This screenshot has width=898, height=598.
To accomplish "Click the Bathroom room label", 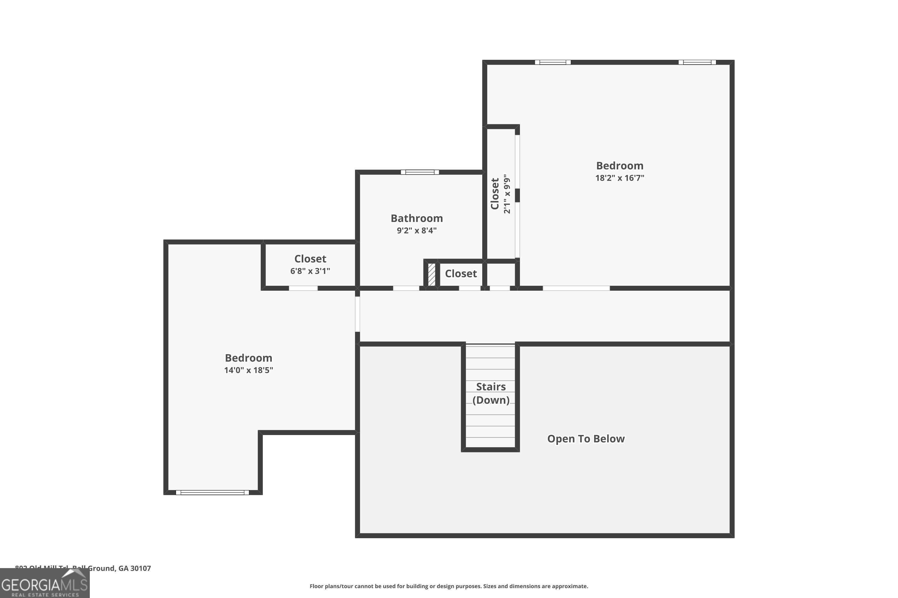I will [417, 218].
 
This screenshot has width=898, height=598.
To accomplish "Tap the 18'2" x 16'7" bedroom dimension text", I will [619, 178].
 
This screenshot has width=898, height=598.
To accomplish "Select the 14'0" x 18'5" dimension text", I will [248, 370].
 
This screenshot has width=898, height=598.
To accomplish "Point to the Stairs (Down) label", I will [491, 393].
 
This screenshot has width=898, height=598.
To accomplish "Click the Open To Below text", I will [586, 439].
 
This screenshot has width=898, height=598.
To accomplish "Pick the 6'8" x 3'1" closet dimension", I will [310, 271].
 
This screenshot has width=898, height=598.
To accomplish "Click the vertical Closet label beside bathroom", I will [495, 194].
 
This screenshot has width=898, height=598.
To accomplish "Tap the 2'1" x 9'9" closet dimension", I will [507, 194].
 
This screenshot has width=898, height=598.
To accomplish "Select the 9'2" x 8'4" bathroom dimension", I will [417, 230].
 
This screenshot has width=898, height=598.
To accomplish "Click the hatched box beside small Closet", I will [431, 274].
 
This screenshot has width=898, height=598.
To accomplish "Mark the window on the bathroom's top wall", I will [420, 172].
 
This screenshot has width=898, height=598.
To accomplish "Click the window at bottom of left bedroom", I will [212, 492].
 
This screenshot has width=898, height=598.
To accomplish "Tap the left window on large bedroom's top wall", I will [553, 62].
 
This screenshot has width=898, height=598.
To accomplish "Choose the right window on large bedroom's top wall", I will [697, 62].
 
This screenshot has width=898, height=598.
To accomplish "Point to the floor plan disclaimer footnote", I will [449, 586].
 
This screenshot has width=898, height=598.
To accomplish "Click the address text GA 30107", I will [134, 568].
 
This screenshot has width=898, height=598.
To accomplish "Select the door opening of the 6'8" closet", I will [303, 288].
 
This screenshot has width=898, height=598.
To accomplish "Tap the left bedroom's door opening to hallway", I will [357, 314].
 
